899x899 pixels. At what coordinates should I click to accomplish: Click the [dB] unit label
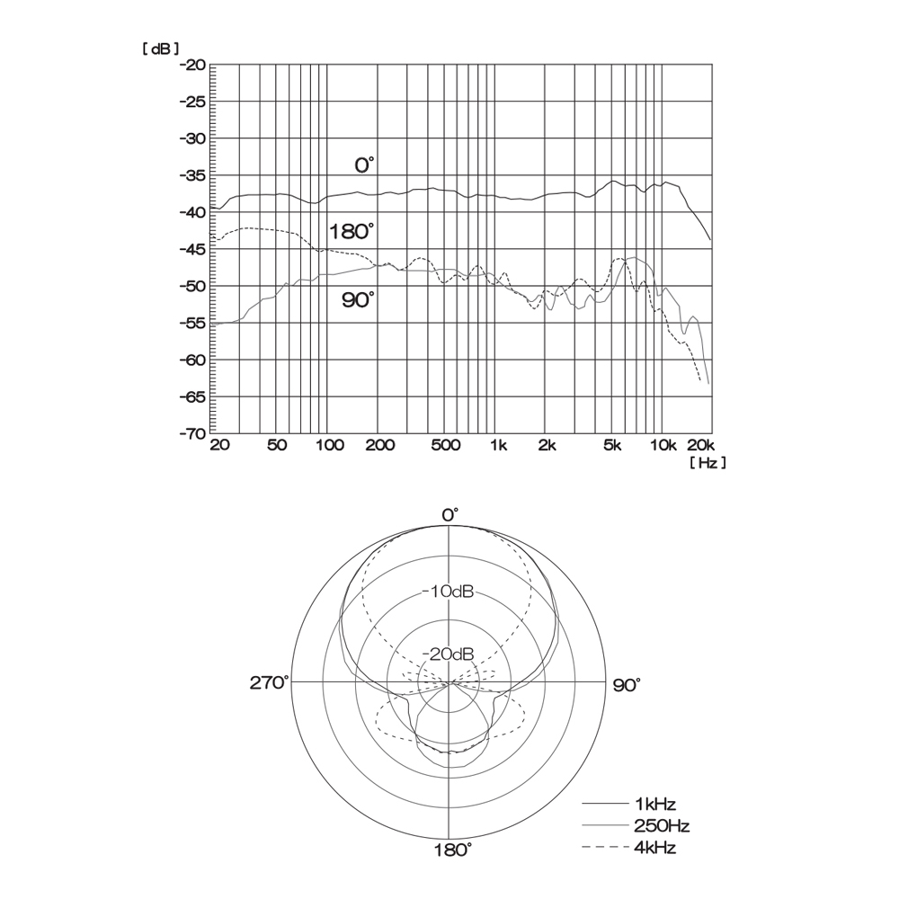tap(161, 49)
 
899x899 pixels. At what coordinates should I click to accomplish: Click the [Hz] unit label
tap(708, 462)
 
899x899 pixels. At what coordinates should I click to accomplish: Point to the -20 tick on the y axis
tap(192, 65)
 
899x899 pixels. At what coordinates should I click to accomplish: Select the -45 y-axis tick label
tap(192, 249)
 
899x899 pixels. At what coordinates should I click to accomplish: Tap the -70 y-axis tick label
tap(192, 434)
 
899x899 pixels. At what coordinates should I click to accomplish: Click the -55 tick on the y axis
tap(192, 324)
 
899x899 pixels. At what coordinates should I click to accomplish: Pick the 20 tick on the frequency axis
tap(219, 446)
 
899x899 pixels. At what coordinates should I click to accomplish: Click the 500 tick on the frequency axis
tap(446, 446)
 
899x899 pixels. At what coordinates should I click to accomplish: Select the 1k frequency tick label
tap(499, 446)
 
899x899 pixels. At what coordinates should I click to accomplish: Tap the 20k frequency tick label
tap(700, 446)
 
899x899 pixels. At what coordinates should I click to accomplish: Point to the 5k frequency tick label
tap(612, 446)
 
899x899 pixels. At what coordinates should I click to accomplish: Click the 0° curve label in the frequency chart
tap(365, 165)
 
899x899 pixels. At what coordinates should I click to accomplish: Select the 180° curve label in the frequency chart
tap(352, 232)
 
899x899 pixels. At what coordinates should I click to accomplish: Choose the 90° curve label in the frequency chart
tap(359, 299)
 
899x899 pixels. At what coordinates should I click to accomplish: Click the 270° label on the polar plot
tap(270, 683)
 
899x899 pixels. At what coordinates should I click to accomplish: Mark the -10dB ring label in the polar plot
tap(449, 592)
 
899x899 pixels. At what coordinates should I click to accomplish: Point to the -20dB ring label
tap(449, 654)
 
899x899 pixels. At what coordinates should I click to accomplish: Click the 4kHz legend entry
tap(629, 848)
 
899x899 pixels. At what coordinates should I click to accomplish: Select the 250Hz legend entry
tap(636, 825)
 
